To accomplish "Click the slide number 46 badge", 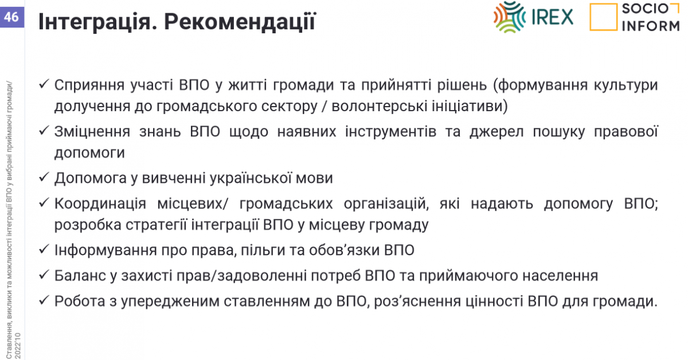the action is click(12, 17).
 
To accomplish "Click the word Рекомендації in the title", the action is click(240, 22).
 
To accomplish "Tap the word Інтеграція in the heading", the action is click(97, 22).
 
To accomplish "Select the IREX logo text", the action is click(552, 17).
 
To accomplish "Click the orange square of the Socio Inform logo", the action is click(603, 17).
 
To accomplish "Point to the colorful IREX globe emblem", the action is click(510, 17).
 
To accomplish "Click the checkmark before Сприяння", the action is click(44, 84).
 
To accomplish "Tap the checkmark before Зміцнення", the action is click(44, 131).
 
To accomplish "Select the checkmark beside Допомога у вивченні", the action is click(44, 177).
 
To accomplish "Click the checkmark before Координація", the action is click(44, 202).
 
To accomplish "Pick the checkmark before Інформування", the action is click(44, 249).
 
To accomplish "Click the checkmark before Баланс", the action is click(44, 275).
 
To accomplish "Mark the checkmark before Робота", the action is click(44, 300).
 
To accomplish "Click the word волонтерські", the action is click(380, 106).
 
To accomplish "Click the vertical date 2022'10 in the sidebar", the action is click(18, 346).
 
